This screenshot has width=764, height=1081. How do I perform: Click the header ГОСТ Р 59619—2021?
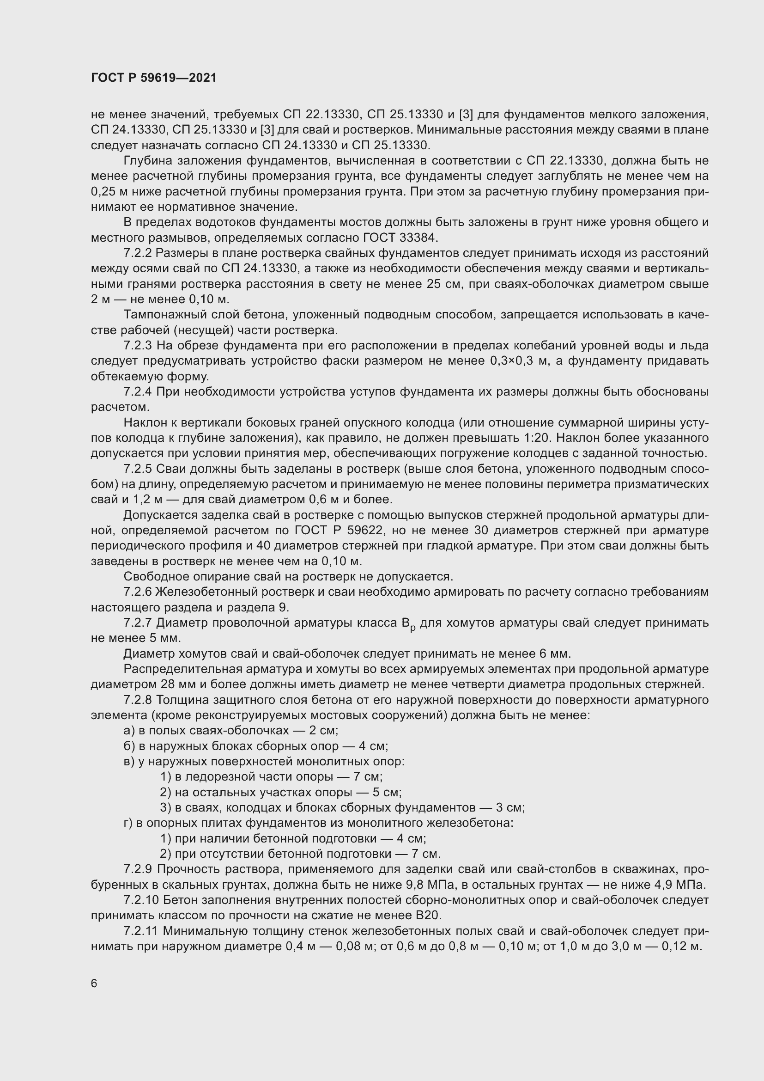(x=154, y=78)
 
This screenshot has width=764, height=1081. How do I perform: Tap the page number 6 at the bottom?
(x=94, y=983)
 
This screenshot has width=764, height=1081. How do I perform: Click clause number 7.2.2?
(x=137, y=253)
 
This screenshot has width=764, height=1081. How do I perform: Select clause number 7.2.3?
(x=137, y=346)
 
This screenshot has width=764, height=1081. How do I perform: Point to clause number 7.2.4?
(x=137, y=392)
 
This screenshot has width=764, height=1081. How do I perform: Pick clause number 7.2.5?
(x=137, y=469)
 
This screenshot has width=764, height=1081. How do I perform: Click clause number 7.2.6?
(x=137, y=592)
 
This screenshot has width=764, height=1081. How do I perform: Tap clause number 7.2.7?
(x=137, y=623)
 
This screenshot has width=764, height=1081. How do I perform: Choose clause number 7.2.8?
(x=137, y=700)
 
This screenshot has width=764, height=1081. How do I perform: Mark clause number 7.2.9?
(x=137, y=870)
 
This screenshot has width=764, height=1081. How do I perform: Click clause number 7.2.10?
(x=141, y=900)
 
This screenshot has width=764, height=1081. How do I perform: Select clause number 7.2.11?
(x=141, y=931)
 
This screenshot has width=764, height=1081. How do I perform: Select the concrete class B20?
(x=428, y=916)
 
